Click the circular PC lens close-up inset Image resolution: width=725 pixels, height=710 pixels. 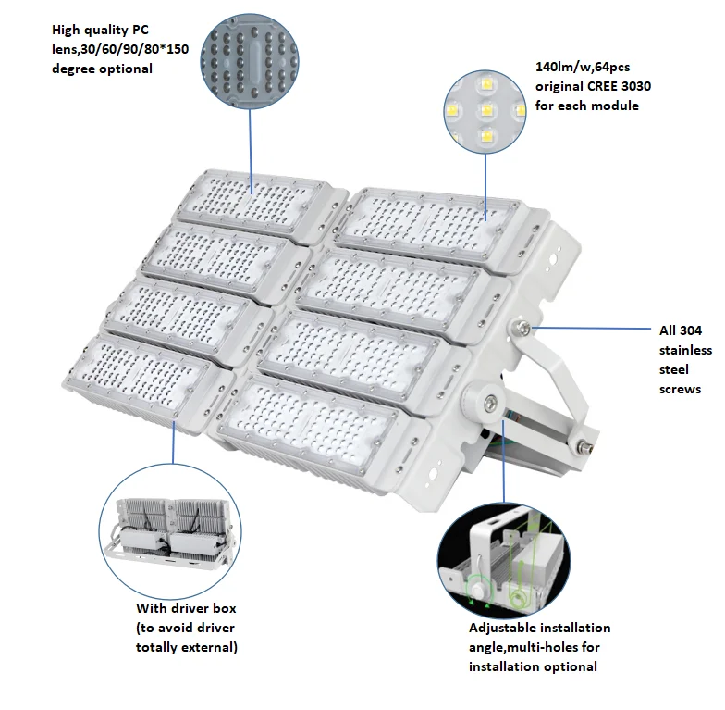click(x=250, y=56)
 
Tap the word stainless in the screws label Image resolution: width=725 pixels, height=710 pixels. click(x=685, y=350)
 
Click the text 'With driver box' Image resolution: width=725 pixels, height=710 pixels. click(x=186, y=608)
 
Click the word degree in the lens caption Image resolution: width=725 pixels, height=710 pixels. click(x=77, y=69)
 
